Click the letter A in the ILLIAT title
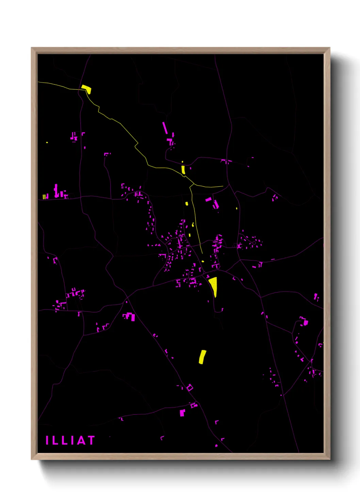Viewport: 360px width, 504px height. (81, 440)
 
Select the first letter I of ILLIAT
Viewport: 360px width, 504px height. (47, 440)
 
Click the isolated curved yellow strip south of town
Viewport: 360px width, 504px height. (202, 357)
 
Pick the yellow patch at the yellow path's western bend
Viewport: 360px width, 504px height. (86, 89)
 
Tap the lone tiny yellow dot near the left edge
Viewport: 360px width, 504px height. (47, 142)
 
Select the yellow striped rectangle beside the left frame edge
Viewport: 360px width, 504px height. (44, 196)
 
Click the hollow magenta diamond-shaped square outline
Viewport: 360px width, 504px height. (190, 388)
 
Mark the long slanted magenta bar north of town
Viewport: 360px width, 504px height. (165, 128)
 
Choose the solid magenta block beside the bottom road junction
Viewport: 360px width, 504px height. (182, 413)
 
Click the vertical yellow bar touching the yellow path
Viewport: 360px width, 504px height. (183, 169)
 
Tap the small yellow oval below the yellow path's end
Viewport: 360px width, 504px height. (203, 262)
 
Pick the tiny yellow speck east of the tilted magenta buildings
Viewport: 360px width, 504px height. (236, 208)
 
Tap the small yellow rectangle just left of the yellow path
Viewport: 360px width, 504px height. (186, 204)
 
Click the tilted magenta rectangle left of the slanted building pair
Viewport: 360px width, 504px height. (208, 200)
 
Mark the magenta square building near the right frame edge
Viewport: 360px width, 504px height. (306, 322)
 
